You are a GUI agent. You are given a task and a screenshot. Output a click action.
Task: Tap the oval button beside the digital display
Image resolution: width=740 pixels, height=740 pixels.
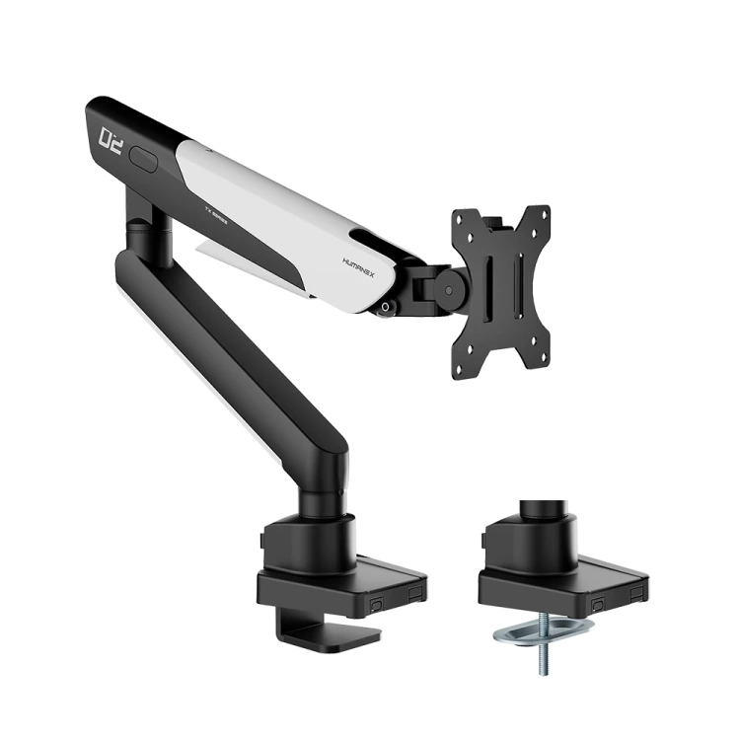145,159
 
